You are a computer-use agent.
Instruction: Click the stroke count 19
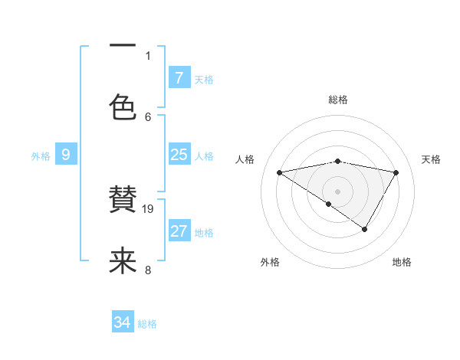pyautogui.click(x=149, y=208)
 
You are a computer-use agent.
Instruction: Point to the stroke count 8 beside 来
pyautogui.click(x=148, y=270)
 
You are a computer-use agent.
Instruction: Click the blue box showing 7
pyautogui.click(x=179, y=78)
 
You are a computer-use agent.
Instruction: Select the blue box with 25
pyautogui.click(x=179, y=155)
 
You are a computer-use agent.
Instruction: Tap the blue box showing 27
pyautogui.click(x=179, y=231)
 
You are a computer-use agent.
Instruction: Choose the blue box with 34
pyautogui.click(x=122, y=323)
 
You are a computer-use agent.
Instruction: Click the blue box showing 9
pyautogui.click(x=66, y=155)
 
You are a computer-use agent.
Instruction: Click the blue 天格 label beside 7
pyautogui.click(x=204, y=80)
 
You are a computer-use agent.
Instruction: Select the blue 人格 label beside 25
pyautogui.click(x=204, y=156)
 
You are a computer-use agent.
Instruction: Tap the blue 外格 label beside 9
pyautogui.click(x=41, y=156)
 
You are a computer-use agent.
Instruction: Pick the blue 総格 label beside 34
pyautogui.click(x=147, y=325)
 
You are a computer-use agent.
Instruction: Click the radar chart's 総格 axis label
pyautogui.click(x=338, y=100)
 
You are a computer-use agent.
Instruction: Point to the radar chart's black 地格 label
pyautogui.click(x=402, y=263)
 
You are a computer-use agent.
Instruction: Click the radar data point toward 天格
pyautogui.click(x=396, y=172)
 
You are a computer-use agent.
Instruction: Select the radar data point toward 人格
pyautogui.click(x=280, y=172)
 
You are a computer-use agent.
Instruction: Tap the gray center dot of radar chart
pyautogui.click(x=338, y=191)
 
